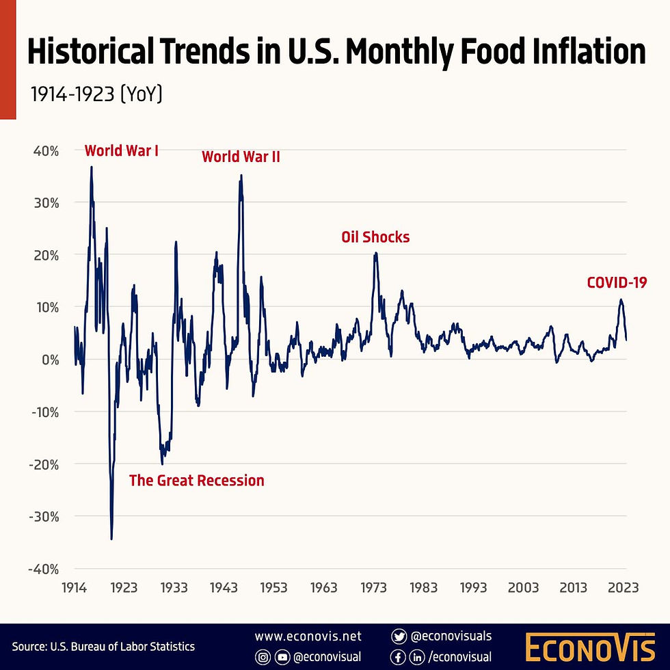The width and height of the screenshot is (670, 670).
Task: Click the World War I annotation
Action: click(x=122, y=150)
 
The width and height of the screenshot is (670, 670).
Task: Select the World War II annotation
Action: click(x=241, y=157)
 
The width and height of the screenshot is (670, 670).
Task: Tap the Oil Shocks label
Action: click(x=375, y=237)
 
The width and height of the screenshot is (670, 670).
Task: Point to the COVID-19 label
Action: click(x=617, y=282)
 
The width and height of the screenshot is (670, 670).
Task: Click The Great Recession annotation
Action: click(x=196, y=481)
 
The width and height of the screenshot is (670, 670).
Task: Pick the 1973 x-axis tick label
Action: click(x=374, y=587)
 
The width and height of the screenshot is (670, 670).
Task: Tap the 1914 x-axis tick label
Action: click(x=74, y=587)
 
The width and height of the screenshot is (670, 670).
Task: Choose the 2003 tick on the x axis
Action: click(x=524, y=587)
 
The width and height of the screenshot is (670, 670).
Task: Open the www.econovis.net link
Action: click(x=308, y=636)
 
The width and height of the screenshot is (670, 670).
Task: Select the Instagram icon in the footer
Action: click(x=263, y=657)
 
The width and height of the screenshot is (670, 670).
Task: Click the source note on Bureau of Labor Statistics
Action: click(x=103, y=646)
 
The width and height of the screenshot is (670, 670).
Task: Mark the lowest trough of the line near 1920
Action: click(x=111, y=539)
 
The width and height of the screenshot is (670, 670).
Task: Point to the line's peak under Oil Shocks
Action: click(x=375, y=254)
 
